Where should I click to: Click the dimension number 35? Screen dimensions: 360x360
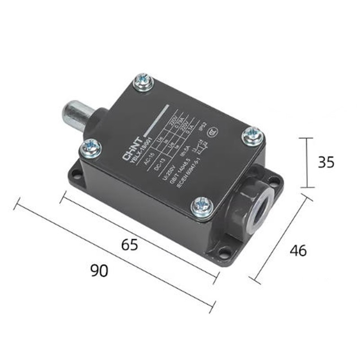(326, 162)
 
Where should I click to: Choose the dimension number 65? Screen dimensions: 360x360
(129, 245)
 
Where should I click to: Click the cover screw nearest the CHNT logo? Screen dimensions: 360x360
(91, 147)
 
